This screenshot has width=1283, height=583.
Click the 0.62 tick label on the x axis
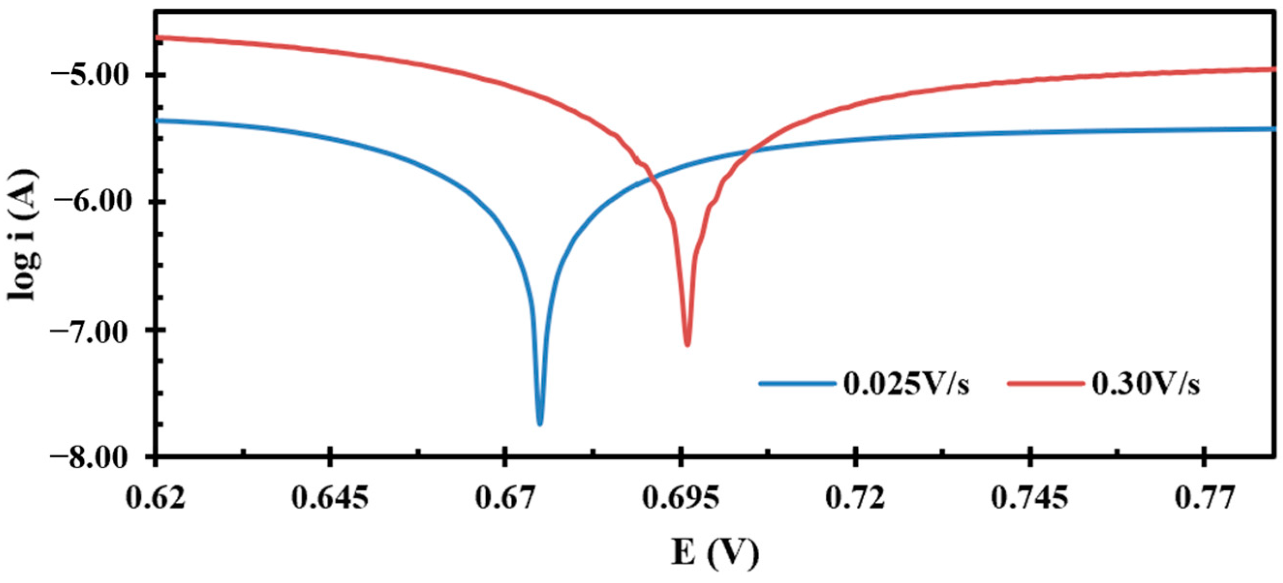tap(156, 498)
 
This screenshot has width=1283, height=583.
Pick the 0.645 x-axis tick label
tap(330, 498)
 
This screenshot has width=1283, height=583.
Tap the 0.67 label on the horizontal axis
tap(505, 498)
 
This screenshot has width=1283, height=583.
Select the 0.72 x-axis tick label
tap(855, 498)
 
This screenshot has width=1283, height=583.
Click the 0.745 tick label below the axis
tap(1029, 498)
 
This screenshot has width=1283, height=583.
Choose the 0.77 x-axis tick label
tap(1204, 498)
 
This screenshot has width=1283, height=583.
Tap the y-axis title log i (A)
tap(22, 234)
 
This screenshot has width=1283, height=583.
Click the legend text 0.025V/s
tap(906, 385)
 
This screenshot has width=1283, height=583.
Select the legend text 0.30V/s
tap(1146, 385)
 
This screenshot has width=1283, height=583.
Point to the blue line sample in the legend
tap(797, 384)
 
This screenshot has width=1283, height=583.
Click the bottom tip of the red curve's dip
tap(687, 345)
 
